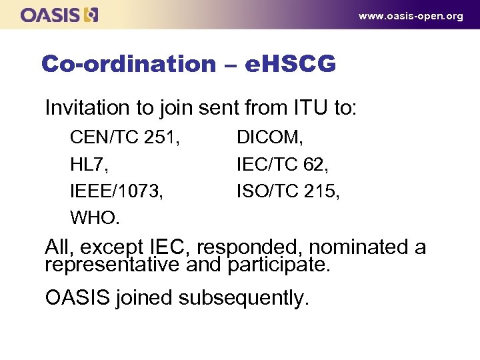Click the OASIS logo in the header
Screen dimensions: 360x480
(x=59, y=15)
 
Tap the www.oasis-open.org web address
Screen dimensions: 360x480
(x=411, y=16)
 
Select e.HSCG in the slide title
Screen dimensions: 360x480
(x=291, y=64)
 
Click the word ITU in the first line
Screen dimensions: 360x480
(x=310, y=107)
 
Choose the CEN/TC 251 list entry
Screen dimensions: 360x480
(x=125, y=138)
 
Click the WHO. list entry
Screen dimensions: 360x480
(x=95, y=218)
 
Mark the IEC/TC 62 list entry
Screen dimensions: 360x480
(x=284, y=165)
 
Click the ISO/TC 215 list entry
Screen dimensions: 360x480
(x=288, y=191)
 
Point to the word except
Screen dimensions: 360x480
(x=114, y=247)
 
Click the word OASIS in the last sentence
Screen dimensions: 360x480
(x=77, y=297)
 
